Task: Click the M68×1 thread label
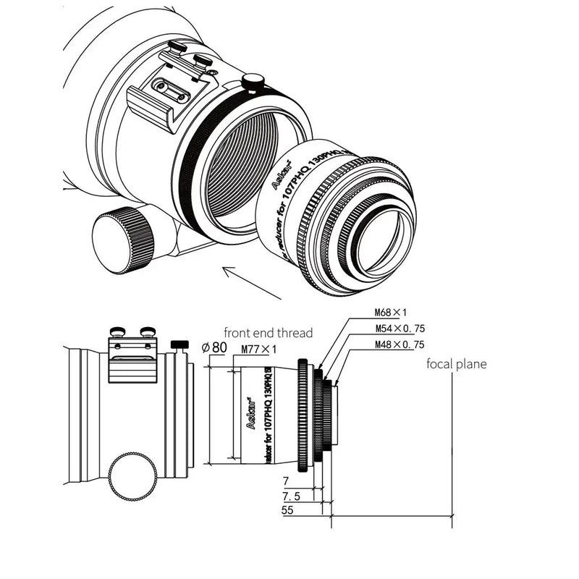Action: tap(392, 313)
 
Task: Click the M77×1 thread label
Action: tap(260, 350)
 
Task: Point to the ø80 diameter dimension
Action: tap(215, 347)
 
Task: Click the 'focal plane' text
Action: tap(456, 364)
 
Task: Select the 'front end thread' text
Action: tap(268, 333)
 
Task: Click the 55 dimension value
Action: tap(288, 511)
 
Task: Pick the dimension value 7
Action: tap(287, 481)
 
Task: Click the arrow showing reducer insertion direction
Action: tap(250, 282)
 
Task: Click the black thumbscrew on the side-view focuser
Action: tap(179, 344)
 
